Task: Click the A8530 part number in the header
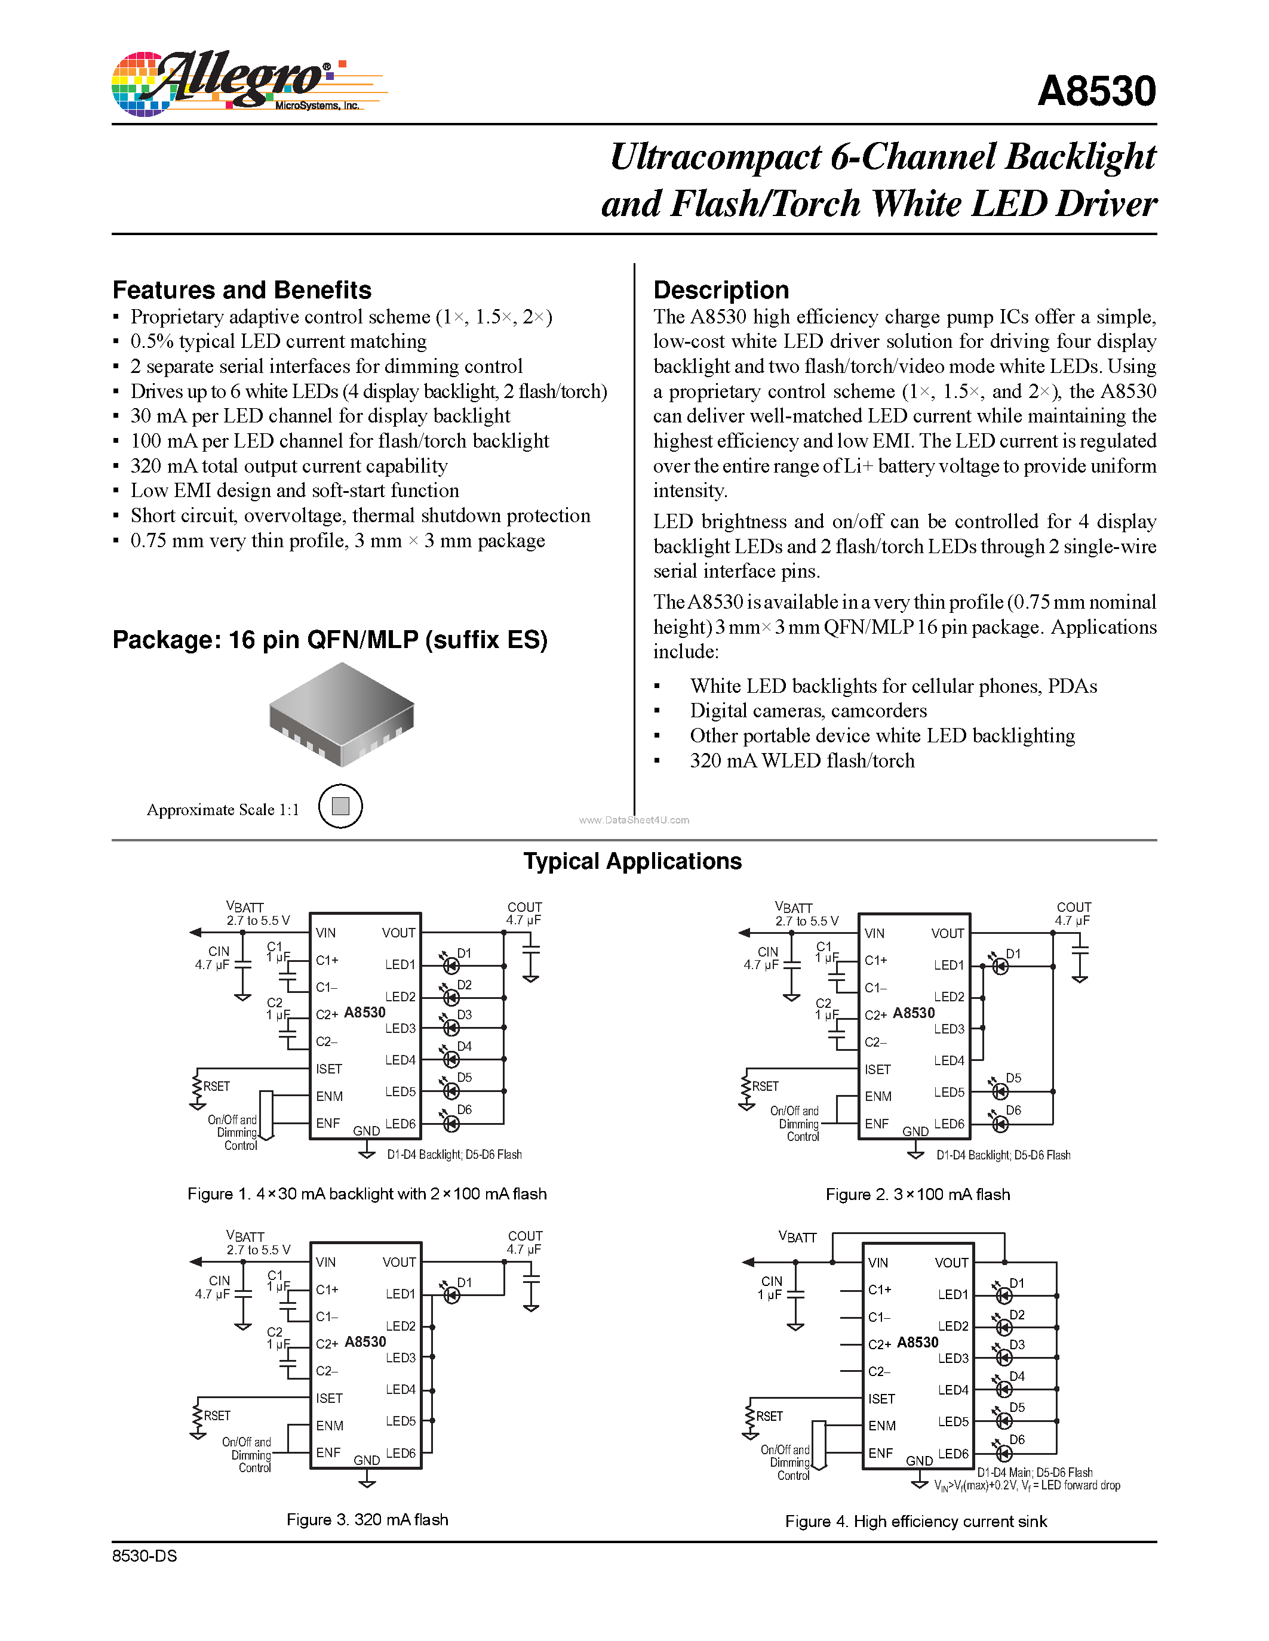[x=1096, y=92]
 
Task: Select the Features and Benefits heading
[x=242, y=290]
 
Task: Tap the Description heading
[x=721, y=290]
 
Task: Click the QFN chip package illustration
[x=342, y=714]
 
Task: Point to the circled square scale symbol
[x=340, y=806]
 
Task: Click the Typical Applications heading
[x=632, y=861]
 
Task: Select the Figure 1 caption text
[x=367, y=1194]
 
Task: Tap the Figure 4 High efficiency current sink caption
[x=915, y=1522]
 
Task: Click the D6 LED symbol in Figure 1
[x=451, y=1123]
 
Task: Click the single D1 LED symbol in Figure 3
[x=451, y=1295]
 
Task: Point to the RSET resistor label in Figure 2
[x=766, y=1087]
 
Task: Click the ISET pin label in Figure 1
[x=328, y=1069]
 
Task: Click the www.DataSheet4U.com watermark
[x=634, y=820]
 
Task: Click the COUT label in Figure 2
[x=1074, y=907]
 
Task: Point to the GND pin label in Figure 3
[x=366, y=1460]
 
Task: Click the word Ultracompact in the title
[x=715, y=157]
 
